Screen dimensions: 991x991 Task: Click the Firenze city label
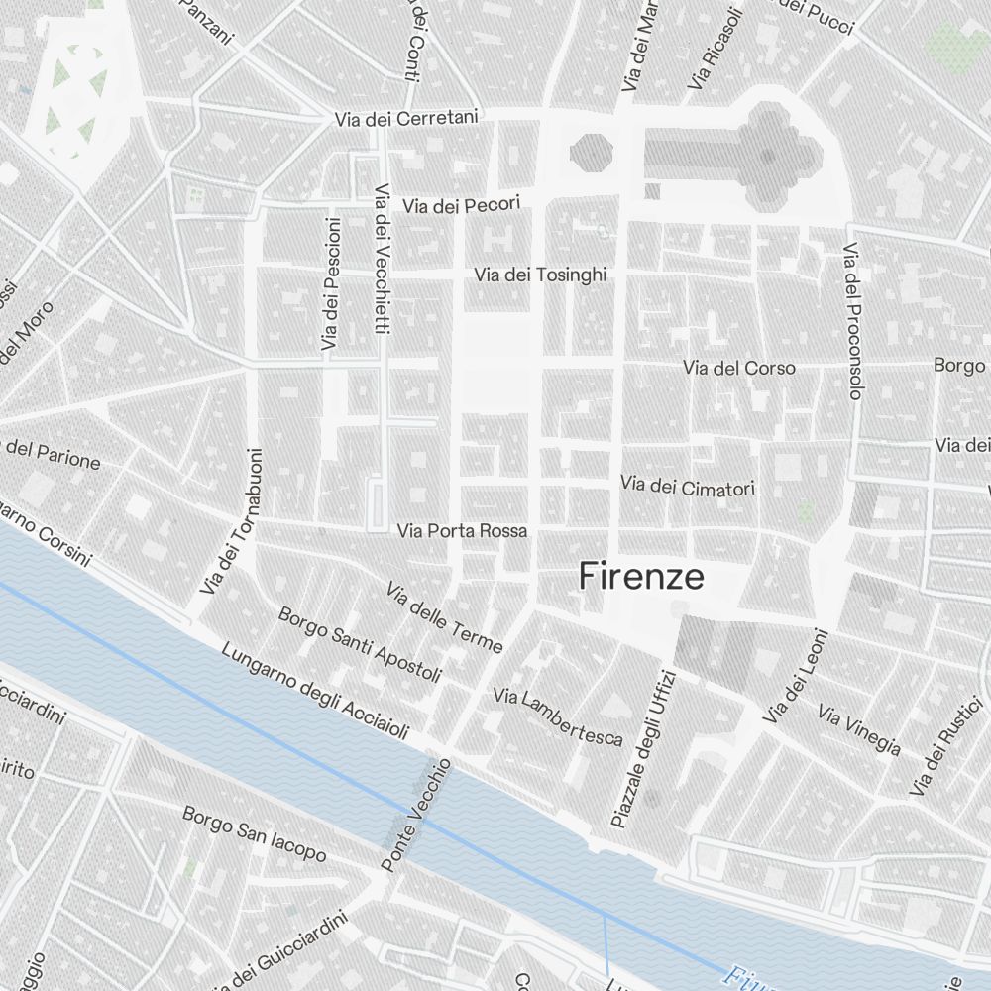641,577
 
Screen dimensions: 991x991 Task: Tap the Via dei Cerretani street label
406,119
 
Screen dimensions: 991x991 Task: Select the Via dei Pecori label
461,205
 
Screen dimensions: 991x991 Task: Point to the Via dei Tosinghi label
540,275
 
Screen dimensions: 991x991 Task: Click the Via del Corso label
738,368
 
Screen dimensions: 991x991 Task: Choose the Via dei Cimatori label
688,487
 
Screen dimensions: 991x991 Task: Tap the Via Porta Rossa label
462,531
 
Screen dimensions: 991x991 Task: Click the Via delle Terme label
445,617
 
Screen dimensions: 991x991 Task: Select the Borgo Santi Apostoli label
360,645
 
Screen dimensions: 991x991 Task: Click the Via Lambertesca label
558,716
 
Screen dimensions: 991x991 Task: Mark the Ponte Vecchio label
416,816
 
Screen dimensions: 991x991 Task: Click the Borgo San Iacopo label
254,832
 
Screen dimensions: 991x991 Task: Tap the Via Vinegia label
859,730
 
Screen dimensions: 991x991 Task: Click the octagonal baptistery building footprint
591,152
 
